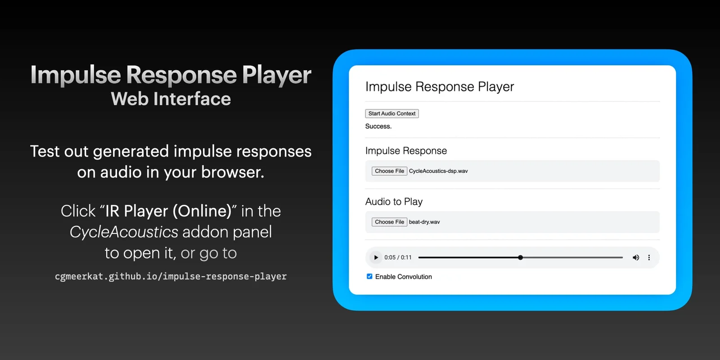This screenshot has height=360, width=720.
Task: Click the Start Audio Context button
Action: tap(392, 113)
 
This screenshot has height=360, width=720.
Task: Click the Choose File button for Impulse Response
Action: tap(389, 171)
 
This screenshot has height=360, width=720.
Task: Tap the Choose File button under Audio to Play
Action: tap(389, 222)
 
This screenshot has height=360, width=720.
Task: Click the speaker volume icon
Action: tap(636, 257)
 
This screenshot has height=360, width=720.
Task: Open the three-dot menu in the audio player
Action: tap(649, 257)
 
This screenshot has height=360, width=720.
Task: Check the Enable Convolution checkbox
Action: tap(369, 276)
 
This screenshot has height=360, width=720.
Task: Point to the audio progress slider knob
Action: tap(520, 257)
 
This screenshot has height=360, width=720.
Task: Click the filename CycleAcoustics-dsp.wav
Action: tap(438, 171)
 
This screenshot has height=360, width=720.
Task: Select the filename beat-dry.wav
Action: tap(424, 222)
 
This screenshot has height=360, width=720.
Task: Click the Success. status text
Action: tap(378, 126)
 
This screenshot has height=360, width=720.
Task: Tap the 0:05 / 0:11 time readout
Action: tap(398, 257)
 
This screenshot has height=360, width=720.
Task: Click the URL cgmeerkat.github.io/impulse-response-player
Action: tap(171, 276)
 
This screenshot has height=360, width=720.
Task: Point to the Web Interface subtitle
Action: tap(171, 99)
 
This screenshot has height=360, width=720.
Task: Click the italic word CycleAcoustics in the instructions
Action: tap(124, 232)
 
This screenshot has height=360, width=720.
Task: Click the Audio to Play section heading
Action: tap(394, 202)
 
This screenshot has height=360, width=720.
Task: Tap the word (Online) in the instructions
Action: tap(202, 211)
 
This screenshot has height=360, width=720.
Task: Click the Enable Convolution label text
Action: tap(403, 277)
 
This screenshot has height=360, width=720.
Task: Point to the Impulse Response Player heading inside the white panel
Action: tap(439, 87)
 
